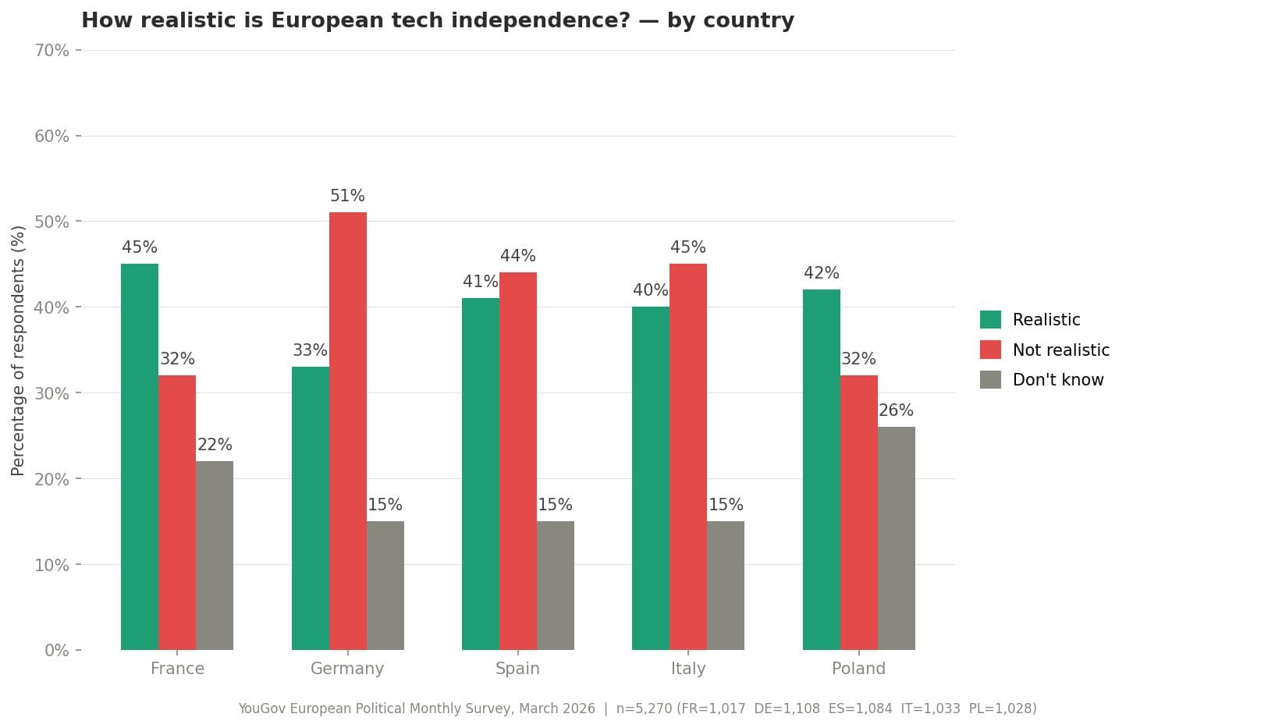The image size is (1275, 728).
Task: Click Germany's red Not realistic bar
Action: [x=347, y=431]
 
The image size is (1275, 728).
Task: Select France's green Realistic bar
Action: [x=140, y=456]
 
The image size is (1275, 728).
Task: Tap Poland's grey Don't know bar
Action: [x=896, y=538]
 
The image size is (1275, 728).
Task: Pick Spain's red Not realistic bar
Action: [x=517, y=460]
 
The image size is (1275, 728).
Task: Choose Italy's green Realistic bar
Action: [x=650, y=478]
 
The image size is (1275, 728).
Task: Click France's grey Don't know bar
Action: [x=214, y=555]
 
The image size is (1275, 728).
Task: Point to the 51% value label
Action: [x=347, y=196]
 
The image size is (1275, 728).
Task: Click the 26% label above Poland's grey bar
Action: [x=896, y=410]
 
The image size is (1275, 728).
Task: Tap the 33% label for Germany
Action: [x=310, y=350]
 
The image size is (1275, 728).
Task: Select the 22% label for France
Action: [x=215, y=445]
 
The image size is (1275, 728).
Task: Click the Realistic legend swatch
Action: [x=990, y=320]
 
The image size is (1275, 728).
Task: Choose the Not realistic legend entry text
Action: [x=1060, y=350]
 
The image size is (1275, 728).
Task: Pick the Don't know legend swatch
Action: [x=990, y=380]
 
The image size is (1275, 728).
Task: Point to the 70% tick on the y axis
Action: [x=51, y=51]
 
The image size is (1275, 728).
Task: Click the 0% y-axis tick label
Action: [x=56, y=651]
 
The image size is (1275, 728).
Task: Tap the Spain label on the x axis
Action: [x=517, y=669]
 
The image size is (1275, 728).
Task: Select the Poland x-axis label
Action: [x=858, y=669]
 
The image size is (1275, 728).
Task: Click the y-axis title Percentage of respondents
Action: [x=19, y=350]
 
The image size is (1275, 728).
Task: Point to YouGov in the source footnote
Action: [x=264, y=708]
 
